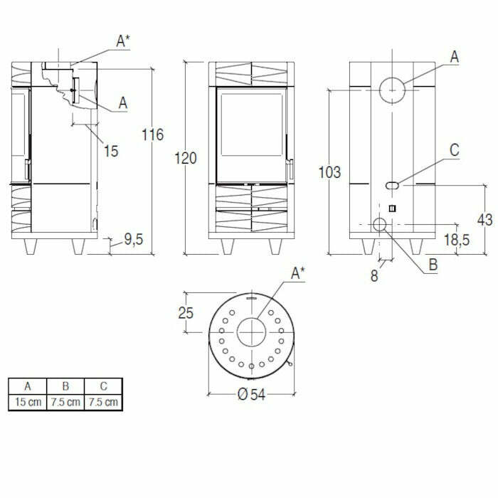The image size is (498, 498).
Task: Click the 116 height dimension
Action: click(x=153, y=134)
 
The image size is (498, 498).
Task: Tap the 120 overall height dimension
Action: click(x=186, y=158)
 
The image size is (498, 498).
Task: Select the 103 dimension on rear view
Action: click(x=329, y=172)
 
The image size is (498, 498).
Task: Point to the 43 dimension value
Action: click(x=485, y=220)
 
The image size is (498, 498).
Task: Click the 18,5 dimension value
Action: click(x=457, y=240)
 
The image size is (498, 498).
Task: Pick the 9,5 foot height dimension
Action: click(x=134, y=240)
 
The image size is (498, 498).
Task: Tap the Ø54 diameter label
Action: click(x=251, y=394)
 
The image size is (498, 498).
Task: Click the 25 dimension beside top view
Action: click(x=186, y=313)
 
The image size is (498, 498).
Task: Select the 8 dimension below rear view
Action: click(x=374, y=276)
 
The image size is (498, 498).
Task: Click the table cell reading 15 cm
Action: click(x=28, y=402)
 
